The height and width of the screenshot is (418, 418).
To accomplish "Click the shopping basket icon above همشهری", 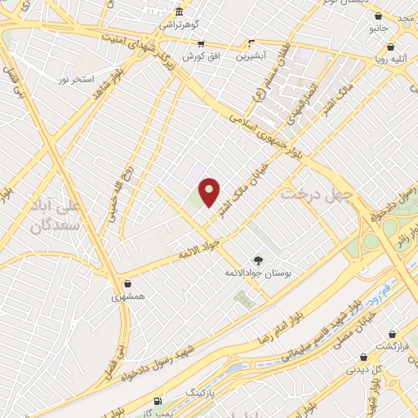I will click(127, 283).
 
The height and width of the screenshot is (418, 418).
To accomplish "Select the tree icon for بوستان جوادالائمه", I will click(257, 260).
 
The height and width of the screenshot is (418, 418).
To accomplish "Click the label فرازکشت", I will click(392, 347).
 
